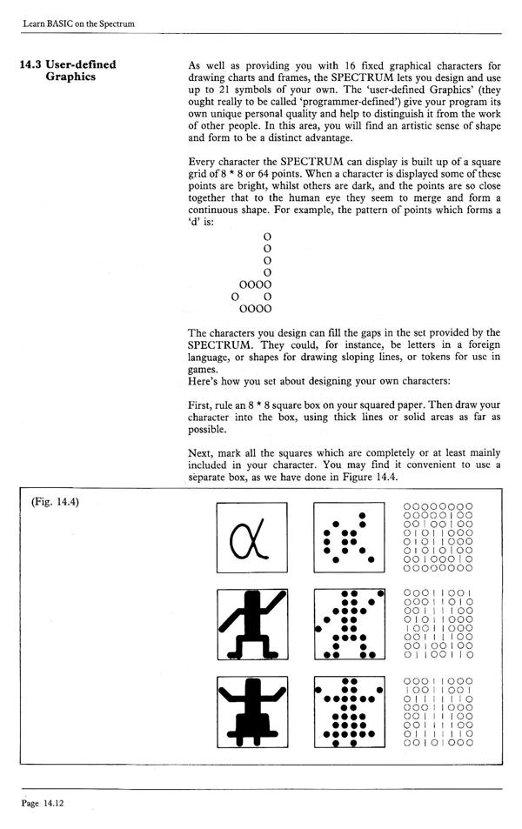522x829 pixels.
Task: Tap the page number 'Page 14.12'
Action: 43,805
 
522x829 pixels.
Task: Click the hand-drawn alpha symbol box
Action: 251,539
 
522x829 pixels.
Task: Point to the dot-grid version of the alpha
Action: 348,539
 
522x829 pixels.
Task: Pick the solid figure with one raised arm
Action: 251,624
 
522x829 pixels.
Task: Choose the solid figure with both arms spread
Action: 251,712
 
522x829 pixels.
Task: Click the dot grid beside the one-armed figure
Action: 348,624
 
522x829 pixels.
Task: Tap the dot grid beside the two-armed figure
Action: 348,712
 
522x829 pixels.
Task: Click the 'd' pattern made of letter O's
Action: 256,271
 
